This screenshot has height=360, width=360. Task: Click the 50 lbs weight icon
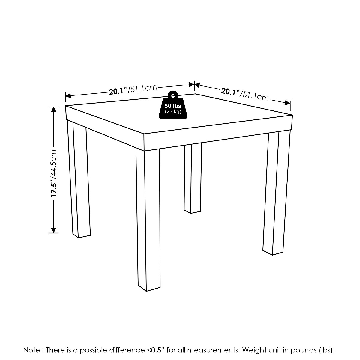[x=172, y=106]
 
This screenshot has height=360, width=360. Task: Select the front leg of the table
[x=148, y=219]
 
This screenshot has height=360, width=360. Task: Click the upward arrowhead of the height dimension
[x=54, y=109]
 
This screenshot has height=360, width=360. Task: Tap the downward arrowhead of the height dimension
[x=54, y=230]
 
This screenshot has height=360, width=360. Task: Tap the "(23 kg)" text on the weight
[x=172, y=112]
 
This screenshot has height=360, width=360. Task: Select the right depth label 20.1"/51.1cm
[x=245, y=94]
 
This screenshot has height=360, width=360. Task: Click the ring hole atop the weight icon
[x=172, y=96]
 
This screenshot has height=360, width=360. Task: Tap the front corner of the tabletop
[x=144, y=134]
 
